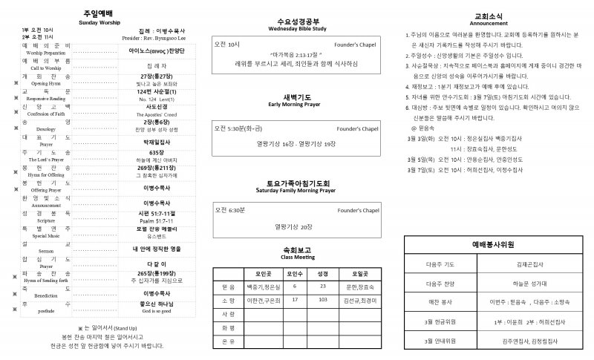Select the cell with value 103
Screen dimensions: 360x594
coord(322,300)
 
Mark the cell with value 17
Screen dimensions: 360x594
coord(295,300)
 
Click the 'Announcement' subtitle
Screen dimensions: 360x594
coord(489,23)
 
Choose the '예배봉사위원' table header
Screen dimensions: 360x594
coord(493,243)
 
